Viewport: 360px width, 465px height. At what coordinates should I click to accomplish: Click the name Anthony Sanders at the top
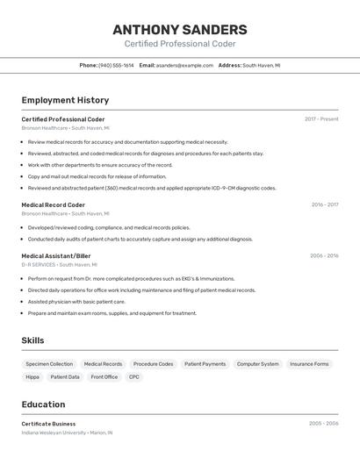click(180, 29)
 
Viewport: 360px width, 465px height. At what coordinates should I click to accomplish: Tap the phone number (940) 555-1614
click(116, 65)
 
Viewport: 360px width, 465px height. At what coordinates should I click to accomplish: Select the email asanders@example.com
click(184, 65)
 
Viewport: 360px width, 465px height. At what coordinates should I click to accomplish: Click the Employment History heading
click(65, 100)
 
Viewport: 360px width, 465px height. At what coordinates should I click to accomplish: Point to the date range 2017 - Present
click(321, 118)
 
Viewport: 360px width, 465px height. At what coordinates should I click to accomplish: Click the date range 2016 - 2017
click(324, 204)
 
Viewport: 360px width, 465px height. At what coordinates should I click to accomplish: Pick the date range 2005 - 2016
click(324, 256)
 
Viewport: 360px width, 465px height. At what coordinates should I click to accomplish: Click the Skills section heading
click(33, 340)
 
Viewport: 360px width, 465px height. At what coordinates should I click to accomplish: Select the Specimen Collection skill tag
click(49, 363)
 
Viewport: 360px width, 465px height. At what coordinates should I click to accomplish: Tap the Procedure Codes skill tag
click(153, 363)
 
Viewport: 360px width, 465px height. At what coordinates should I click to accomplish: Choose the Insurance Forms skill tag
click(309, 363)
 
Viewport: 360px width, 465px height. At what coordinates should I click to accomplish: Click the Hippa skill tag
click(32, 376)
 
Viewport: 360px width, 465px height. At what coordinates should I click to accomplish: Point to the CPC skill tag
click(134, 376)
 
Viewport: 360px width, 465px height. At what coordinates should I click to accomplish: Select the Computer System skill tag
click(257, 363)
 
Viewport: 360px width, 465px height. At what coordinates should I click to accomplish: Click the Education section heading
click(43, 404)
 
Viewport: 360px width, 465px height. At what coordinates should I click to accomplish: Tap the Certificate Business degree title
click(48, 424)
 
